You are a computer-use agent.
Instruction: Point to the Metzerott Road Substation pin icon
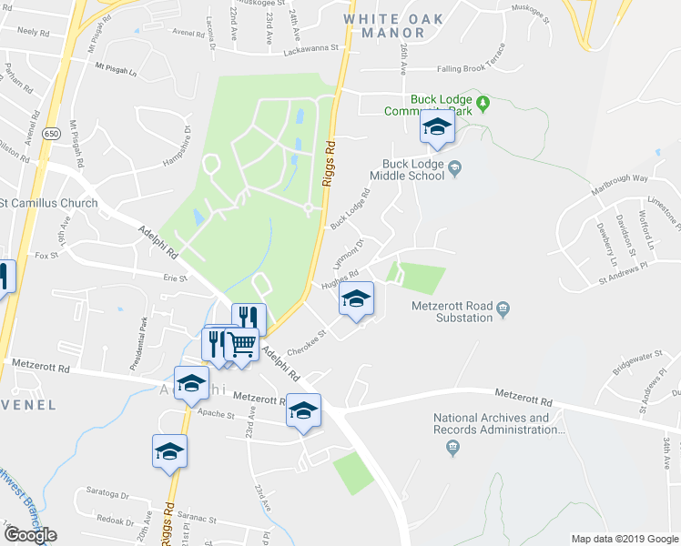click(x=503, y=312)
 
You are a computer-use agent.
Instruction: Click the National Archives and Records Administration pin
click(x=452, y=447)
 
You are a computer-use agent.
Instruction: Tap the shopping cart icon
click(x=241, y=345)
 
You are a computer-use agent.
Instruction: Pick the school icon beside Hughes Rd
click(x=357, y=299)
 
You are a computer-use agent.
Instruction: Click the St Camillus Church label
click(x=49, y=202)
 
